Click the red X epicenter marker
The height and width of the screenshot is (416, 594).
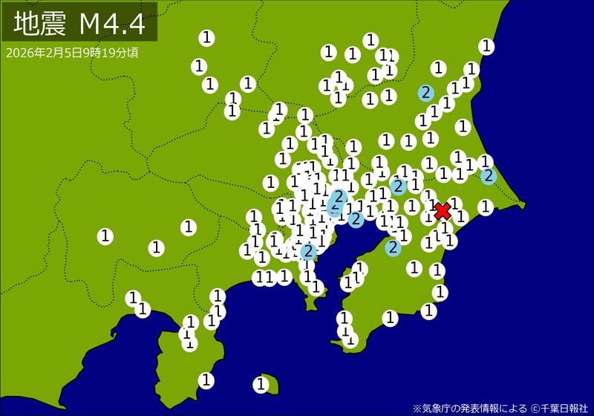tap(443, 211)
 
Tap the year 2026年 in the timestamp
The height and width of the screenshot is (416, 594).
tap(22, 53)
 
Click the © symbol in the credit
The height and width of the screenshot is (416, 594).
tap(534, 407)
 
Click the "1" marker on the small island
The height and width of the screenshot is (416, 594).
tap(261, 384)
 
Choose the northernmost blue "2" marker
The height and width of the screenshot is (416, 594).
tap(425, 93)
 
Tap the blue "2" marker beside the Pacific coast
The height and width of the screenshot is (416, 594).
tap(488, 175)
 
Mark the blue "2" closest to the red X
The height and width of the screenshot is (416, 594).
tap(399, 186)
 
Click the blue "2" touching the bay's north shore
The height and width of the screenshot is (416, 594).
tap(356, 218)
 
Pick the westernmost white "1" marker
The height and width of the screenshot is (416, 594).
tap(105, 236)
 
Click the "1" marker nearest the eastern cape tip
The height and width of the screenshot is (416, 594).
tap(486, 207)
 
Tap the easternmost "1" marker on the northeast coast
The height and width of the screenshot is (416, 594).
tap(486, 46)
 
